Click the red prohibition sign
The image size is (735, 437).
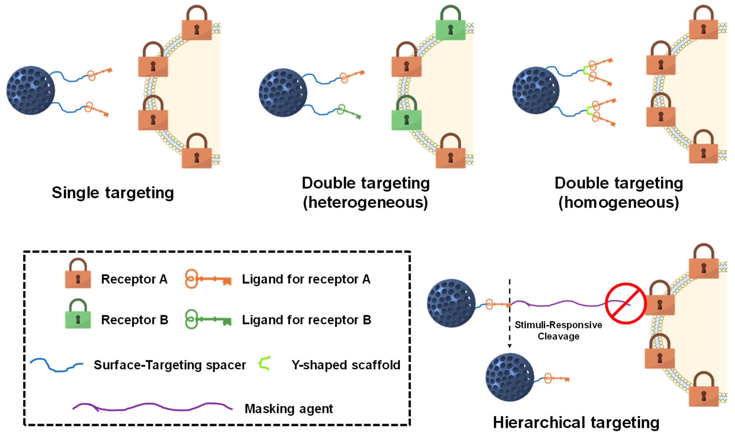pyautogui.click(x=625, y=304)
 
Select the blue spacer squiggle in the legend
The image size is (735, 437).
pyautogui.click(x=56, y=365)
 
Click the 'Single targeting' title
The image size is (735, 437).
pyautogui.click(x=113, y=193)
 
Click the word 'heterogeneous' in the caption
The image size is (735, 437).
pyautogui.click(x=365, y=203)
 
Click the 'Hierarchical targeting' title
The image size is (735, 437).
pyautogui.click(x=576, y=423)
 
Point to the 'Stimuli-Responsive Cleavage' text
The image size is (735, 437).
pyautogui.click(x=558, y=330)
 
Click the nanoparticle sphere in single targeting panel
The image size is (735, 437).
pyautogui.click(x=31, y=90)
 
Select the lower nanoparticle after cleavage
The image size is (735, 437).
pyautogui.click(x=509, y=377)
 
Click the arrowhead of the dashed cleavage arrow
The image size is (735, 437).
pyautogui.click(x=510, y=346)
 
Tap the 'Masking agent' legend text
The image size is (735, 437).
pyautogui.click(x=289, y=409)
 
